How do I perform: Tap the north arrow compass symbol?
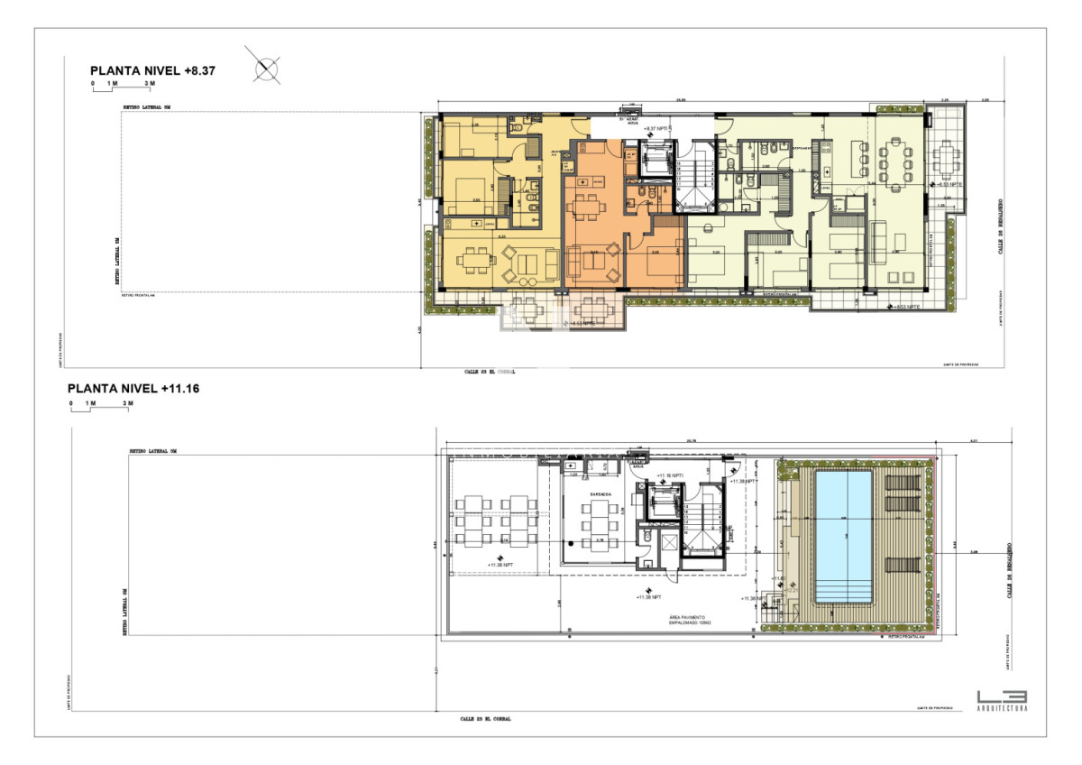[x=266, y=69]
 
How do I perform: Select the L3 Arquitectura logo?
[x=1001, y=699]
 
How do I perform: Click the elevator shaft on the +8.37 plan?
[x=654, y=160]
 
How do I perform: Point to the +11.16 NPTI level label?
[x=672, y=475]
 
